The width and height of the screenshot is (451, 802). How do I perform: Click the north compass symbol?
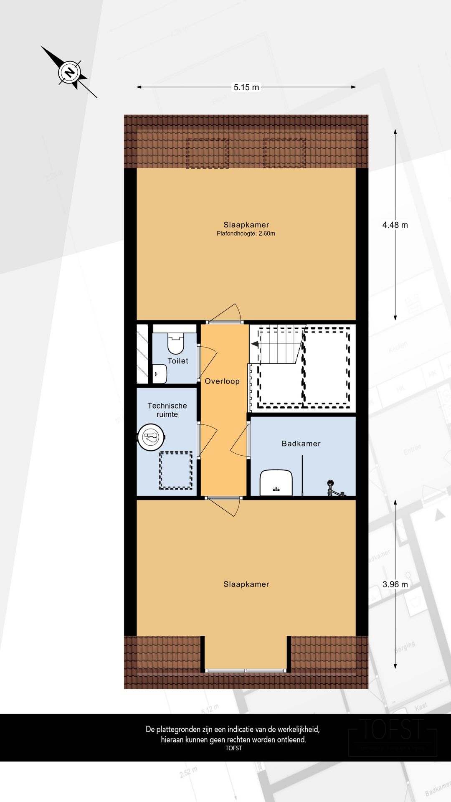(x=69, y=73)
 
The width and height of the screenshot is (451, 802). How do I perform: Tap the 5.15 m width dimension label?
(x=246, y=87)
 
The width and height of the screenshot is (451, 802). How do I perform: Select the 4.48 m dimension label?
(x=395, y=225)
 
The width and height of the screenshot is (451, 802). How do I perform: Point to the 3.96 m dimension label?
(x=395, y=584)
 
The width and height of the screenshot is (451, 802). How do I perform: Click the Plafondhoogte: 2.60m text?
(x=246, y=234)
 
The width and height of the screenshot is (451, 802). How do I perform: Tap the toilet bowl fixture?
(x=175, y=343)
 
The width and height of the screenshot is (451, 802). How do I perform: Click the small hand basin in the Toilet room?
(x=160, y=374)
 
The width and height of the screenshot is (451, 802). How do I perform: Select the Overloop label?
(x=222, y=381)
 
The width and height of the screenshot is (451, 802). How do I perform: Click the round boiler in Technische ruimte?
(x=151, y=437)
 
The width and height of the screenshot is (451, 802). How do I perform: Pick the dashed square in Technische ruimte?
(x=176, y=470)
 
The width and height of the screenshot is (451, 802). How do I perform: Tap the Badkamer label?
(x=301, y=444)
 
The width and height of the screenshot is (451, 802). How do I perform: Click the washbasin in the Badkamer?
(x=276, y=482)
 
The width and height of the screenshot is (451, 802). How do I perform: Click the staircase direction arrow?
(x=255, y=344)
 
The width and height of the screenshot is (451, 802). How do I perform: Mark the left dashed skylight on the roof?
(x=207, y=153)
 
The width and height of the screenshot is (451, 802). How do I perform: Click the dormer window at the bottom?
(x=246, y=670)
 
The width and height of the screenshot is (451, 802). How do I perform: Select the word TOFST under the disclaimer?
(x=233, y=748)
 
